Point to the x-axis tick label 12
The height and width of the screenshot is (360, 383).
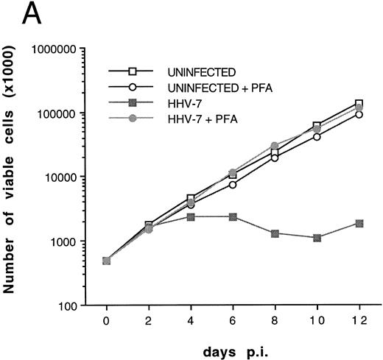coord(360,320)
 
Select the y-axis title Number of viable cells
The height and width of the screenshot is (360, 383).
coord(13,177)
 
